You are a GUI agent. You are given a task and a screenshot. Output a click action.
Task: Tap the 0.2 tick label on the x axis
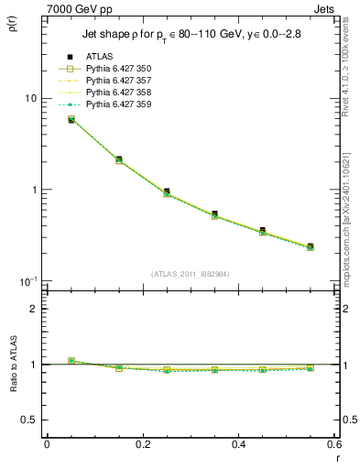point(143,444)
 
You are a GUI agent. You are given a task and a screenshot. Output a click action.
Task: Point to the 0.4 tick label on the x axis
point(239,444)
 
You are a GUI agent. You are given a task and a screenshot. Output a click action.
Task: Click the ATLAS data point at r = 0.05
point(71,119)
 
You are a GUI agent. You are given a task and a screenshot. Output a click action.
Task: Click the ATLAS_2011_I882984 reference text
point(191,273)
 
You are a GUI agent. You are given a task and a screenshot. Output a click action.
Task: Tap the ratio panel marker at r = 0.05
point(71,361)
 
